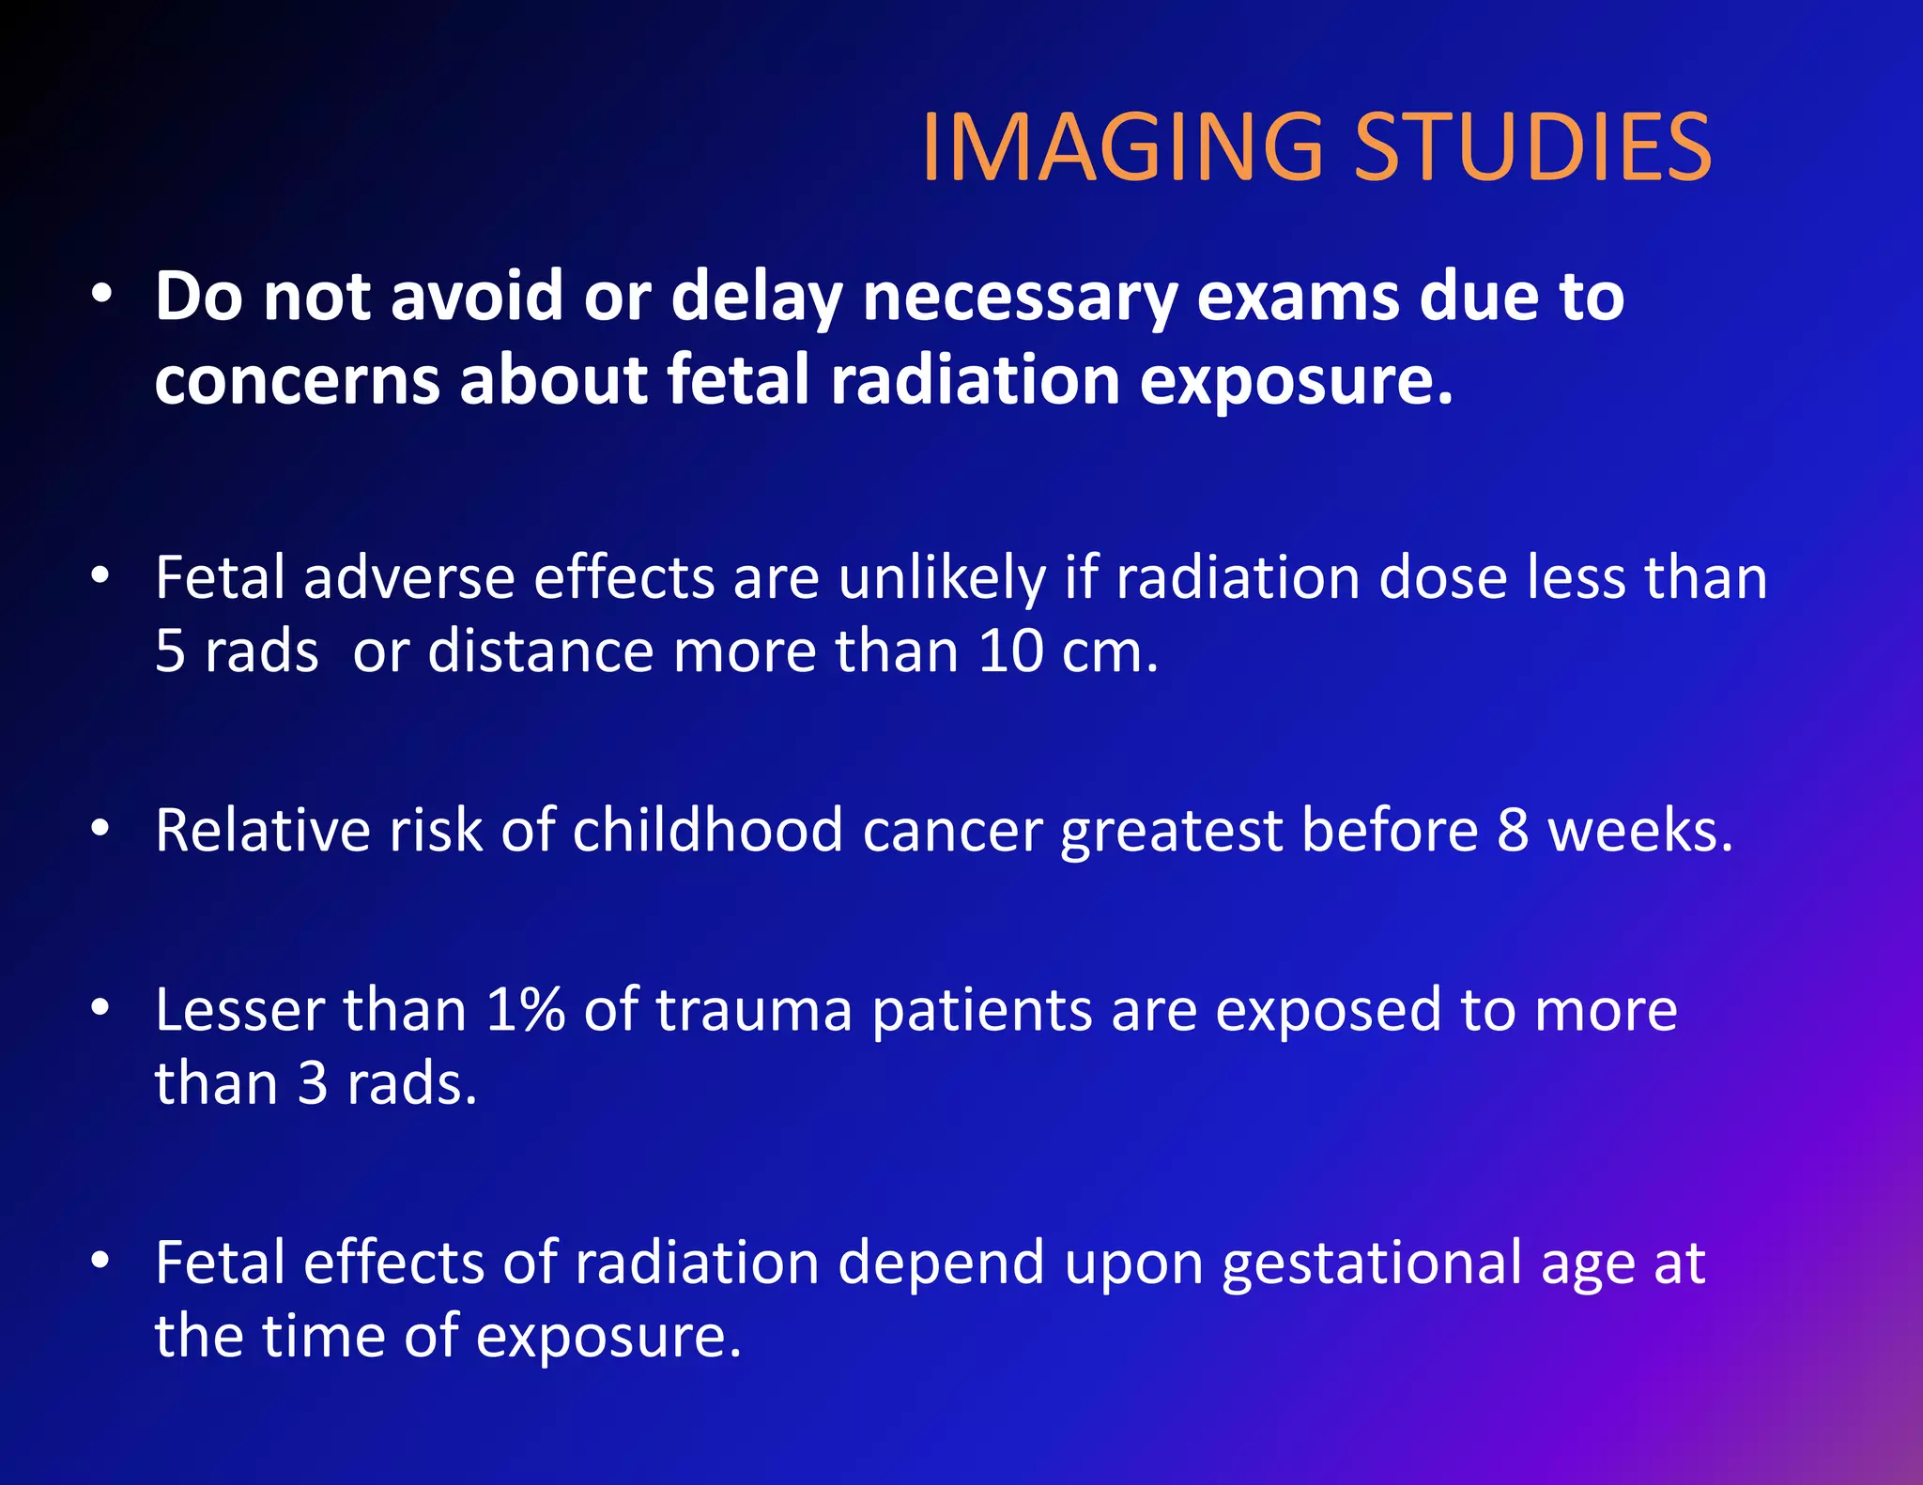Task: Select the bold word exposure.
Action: (x=1296, y=381)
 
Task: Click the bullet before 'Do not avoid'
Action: (x=101, y=295)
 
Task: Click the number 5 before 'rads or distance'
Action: (x=170, y=651)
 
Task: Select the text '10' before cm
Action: (x=1010, y=651)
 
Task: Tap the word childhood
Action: (x=708, y=831)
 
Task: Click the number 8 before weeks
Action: (x=1513, y=831)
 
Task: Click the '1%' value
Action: (x=525, y=1010)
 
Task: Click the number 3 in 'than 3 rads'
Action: (x=313, y=1084)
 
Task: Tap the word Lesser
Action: (x=238, y=1010)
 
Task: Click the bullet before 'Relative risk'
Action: (x=101, y=829)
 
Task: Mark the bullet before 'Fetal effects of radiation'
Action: (x=101, y=1261)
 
